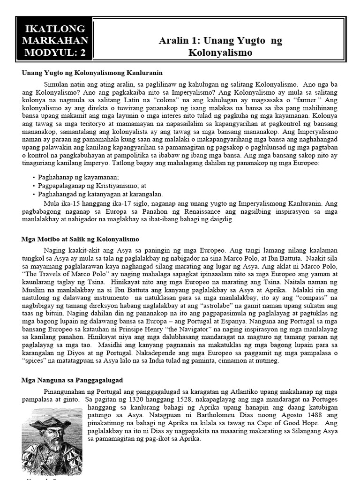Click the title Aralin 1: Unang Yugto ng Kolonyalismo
[220, 46]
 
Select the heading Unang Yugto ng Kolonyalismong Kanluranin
[92, 73]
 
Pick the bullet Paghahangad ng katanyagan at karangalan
[100, 194]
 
